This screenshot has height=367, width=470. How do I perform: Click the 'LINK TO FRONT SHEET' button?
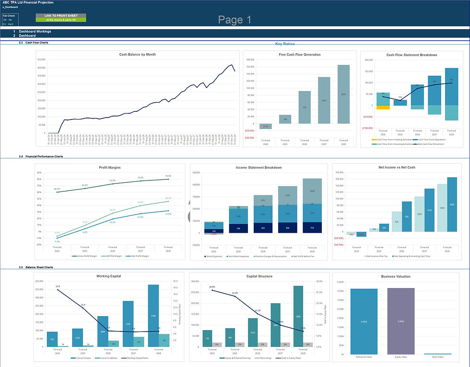click(x=60, y=16)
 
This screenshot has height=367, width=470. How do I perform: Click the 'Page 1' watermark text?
click(x=235, y=20)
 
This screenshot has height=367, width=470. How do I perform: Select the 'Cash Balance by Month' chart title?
click(x=137, y=55)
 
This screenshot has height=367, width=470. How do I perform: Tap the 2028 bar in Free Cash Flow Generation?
click(x=343, y=94)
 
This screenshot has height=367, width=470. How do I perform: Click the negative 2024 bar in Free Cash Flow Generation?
click(x=265, y=126)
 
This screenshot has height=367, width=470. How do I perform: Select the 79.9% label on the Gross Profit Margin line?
click(x=168, y=176)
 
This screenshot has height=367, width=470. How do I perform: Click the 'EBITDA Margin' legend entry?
click(x=114, y=257)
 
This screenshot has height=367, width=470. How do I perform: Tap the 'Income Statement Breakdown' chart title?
click(x=258, y=168)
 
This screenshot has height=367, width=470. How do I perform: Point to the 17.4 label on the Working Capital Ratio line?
click(x=58, y=286)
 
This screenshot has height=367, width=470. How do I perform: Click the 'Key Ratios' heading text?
click(x=284, y=44)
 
